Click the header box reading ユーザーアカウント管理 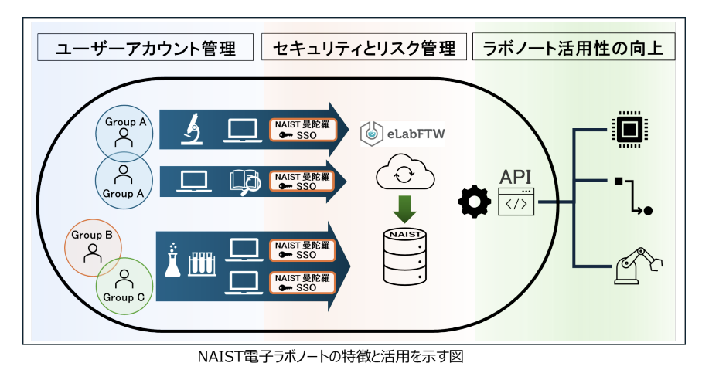coord(146,49)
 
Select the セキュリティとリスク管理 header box coord(364,49)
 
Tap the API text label coord(516,176)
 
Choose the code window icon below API coord(516,202)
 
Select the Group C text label coord(124,297)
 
